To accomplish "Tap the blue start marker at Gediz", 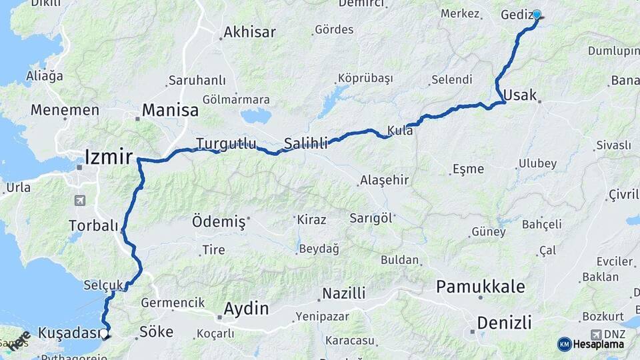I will click(x=536, y=14).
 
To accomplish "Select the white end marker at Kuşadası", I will click(x=105, y=332).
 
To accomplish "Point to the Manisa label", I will click(x=171, y=111).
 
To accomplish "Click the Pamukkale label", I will click(x=480, y=287).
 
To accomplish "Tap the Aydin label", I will click(x=246, y=309).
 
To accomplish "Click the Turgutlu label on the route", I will click(x=226, y=143).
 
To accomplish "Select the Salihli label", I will click(x=306, y=143).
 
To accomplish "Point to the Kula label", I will click(x=401, y=131).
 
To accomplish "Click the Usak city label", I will click(x=520, y=95).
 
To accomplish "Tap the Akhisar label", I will click(x=249, y=32).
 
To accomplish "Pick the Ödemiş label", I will click(x=219, y=221).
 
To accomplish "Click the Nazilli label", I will click(x=344, y=293).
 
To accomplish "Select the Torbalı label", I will click(x=93, y=226).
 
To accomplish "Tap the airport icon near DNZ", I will click(x=595, y=334).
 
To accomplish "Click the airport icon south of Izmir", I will click(x=81, y=200).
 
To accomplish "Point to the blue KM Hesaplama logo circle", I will click(x=564, y=344).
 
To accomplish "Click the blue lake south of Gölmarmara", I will click(x=256, y=117).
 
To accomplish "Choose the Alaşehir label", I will click(x=384, y=181).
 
